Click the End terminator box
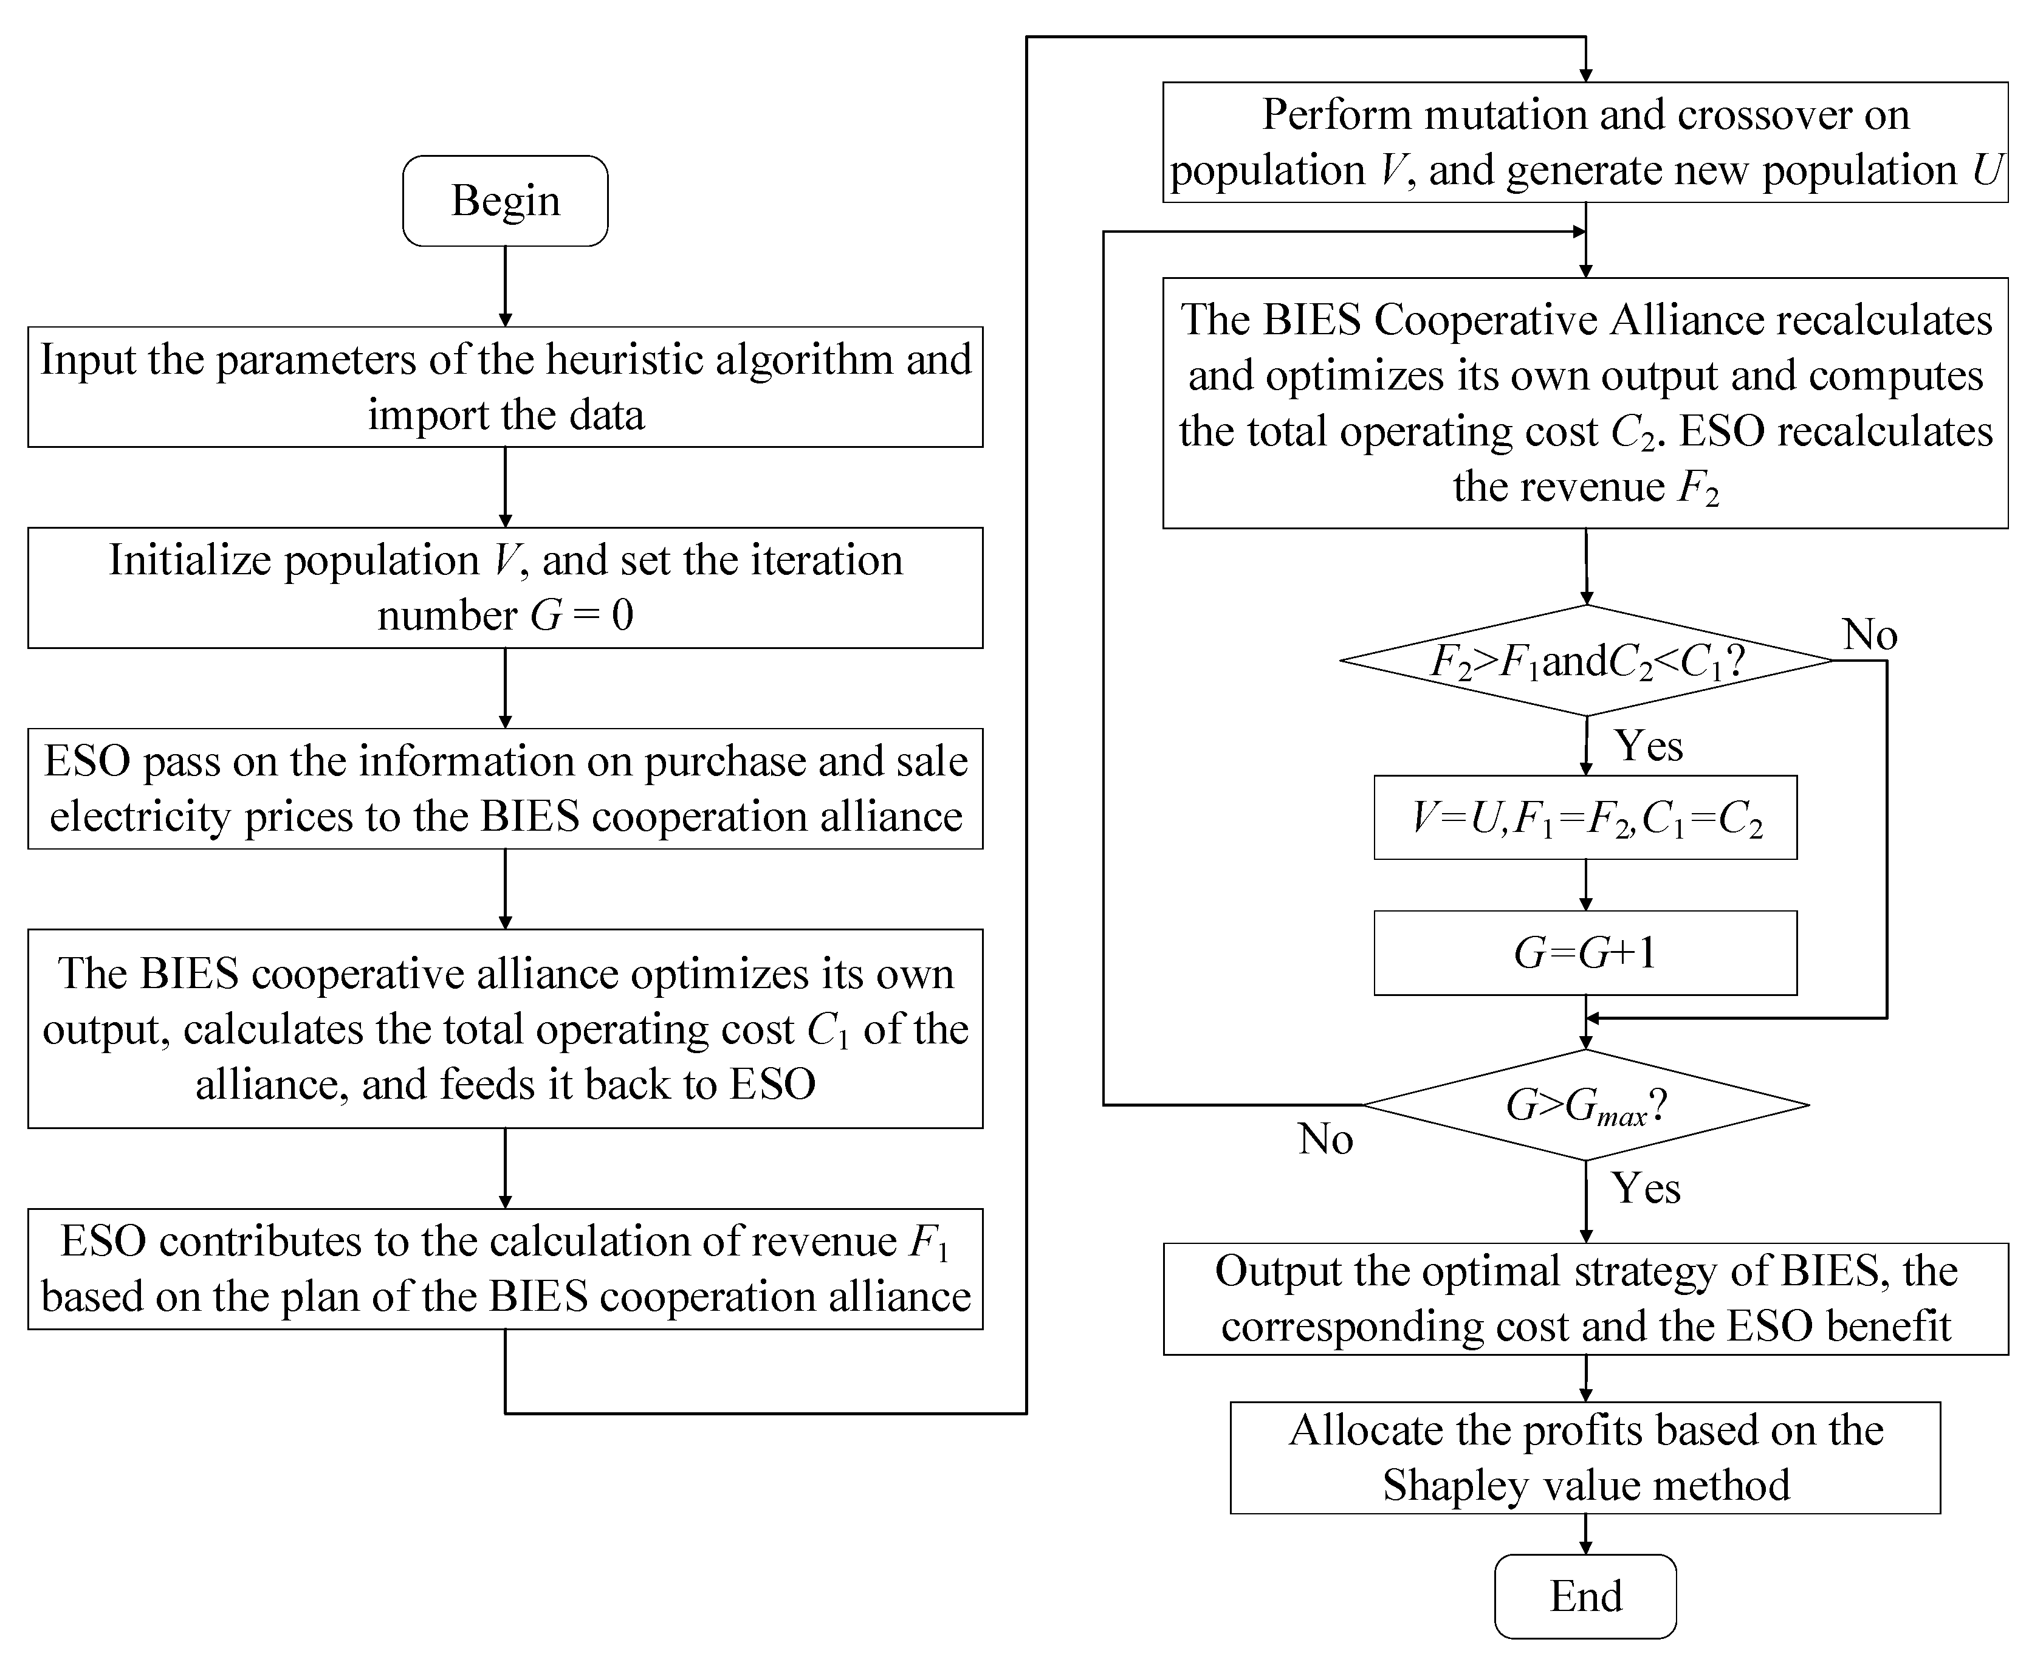[1585, 1596]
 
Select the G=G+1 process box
[1585, 953]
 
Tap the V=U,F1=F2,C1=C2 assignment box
[1585, 818]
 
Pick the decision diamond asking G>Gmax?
[1585, 1105]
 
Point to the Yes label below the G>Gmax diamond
[1646, 1188]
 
